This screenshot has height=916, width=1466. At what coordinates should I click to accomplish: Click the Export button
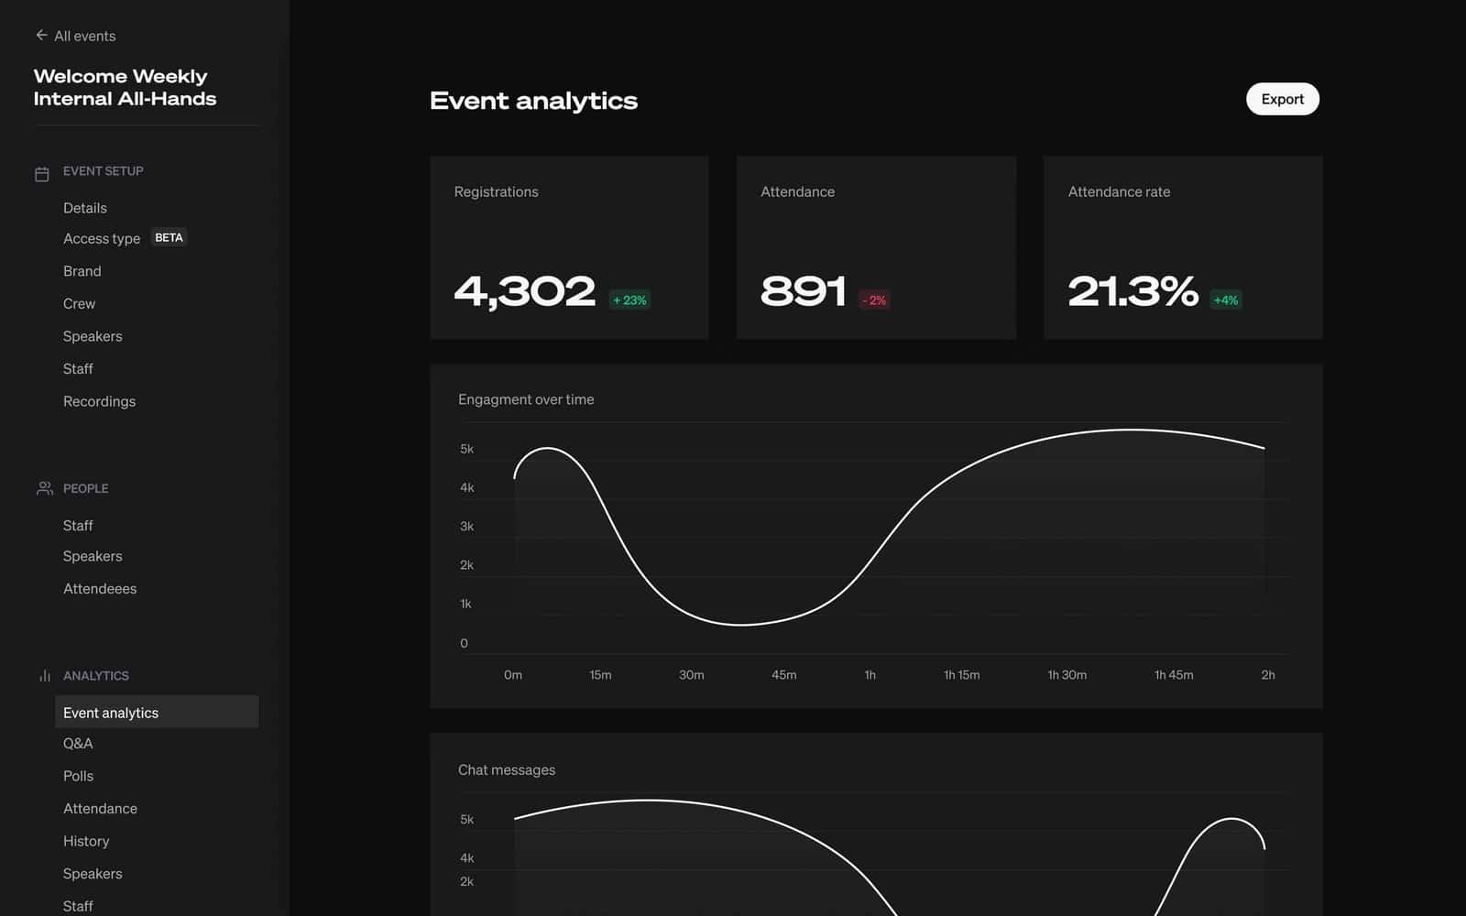pos(1282,99)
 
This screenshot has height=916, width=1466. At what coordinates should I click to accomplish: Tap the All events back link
pos(76,36)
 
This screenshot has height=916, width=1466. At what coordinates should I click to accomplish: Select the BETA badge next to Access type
pos(169,237)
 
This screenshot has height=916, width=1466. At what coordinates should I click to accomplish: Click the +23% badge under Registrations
pos(629,300)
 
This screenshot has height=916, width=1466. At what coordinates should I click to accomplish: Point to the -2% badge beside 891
pos(874,300)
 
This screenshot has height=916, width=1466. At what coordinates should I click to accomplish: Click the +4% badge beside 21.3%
pos(1225,300)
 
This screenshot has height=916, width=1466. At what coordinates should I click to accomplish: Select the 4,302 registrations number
pos(525,291)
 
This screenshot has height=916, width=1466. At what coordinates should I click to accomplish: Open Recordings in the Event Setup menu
pos(99,401)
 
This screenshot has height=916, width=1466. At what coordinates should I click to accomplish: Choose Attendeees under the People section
pos(100,589)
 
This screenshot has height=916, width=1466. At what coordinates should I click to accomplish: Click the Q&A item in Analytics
pos(78,744)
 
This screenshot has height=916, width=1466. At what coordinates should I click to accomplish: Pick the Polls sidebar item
pos(78,776)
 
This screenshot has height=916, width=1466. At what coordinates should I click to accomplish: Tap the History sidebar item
pos(86,841)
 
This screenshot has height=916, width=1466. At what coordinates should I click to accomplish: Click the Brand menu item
pos(82,271)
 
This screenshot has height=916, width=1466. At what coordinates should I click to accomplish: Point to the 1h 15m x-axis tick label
pos(961,675)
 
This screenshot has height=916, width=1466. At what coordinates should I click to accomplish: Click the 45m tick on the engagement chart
pos(783,675)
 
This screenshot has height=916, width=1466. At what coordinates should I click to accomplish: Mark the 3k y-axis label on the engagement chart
pos(466,527)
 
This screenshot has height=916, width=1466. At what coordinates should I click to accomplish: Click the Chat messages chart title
pos(507,769)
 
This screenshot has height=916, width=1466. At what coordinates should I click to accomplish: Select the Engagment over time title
pos(526,399)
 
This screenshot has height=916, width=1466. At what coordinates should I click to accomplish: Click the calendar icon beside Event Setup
pos(42,173)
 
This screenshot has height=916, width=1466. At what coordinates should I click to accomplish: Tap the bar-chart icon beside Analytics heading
pos(44,676)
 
